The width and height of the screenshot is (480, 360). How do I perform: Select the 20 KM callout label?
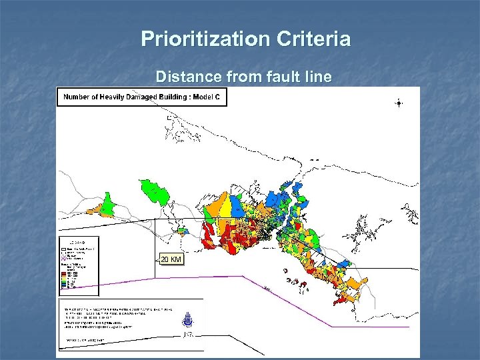[x=170, y=259]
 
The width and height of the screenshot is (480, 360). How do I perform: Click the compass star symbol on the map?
[x=399, y=103]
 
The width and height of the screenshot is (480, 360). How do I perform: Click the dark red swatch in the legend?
[x=65, y=273]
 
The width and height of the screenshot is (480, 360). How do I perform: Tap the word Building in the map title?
[x=173, y=98]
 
